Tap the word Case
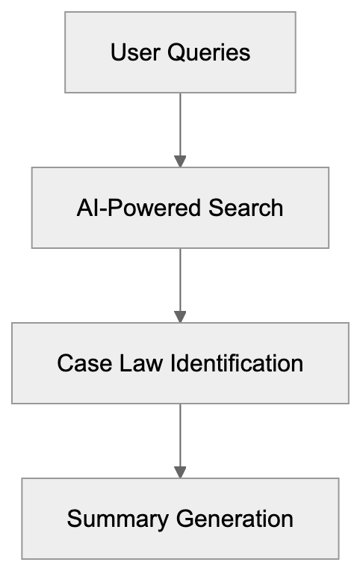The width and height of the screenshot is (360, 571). pos(78,363)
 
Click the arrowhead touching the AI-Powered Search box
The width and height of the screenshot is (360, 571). pos(180,161)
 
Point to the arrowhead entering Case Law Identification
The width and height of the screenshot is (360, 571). pos(180,316)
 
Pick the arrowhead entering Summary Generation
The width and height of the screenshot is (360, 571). pos(180,472)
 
